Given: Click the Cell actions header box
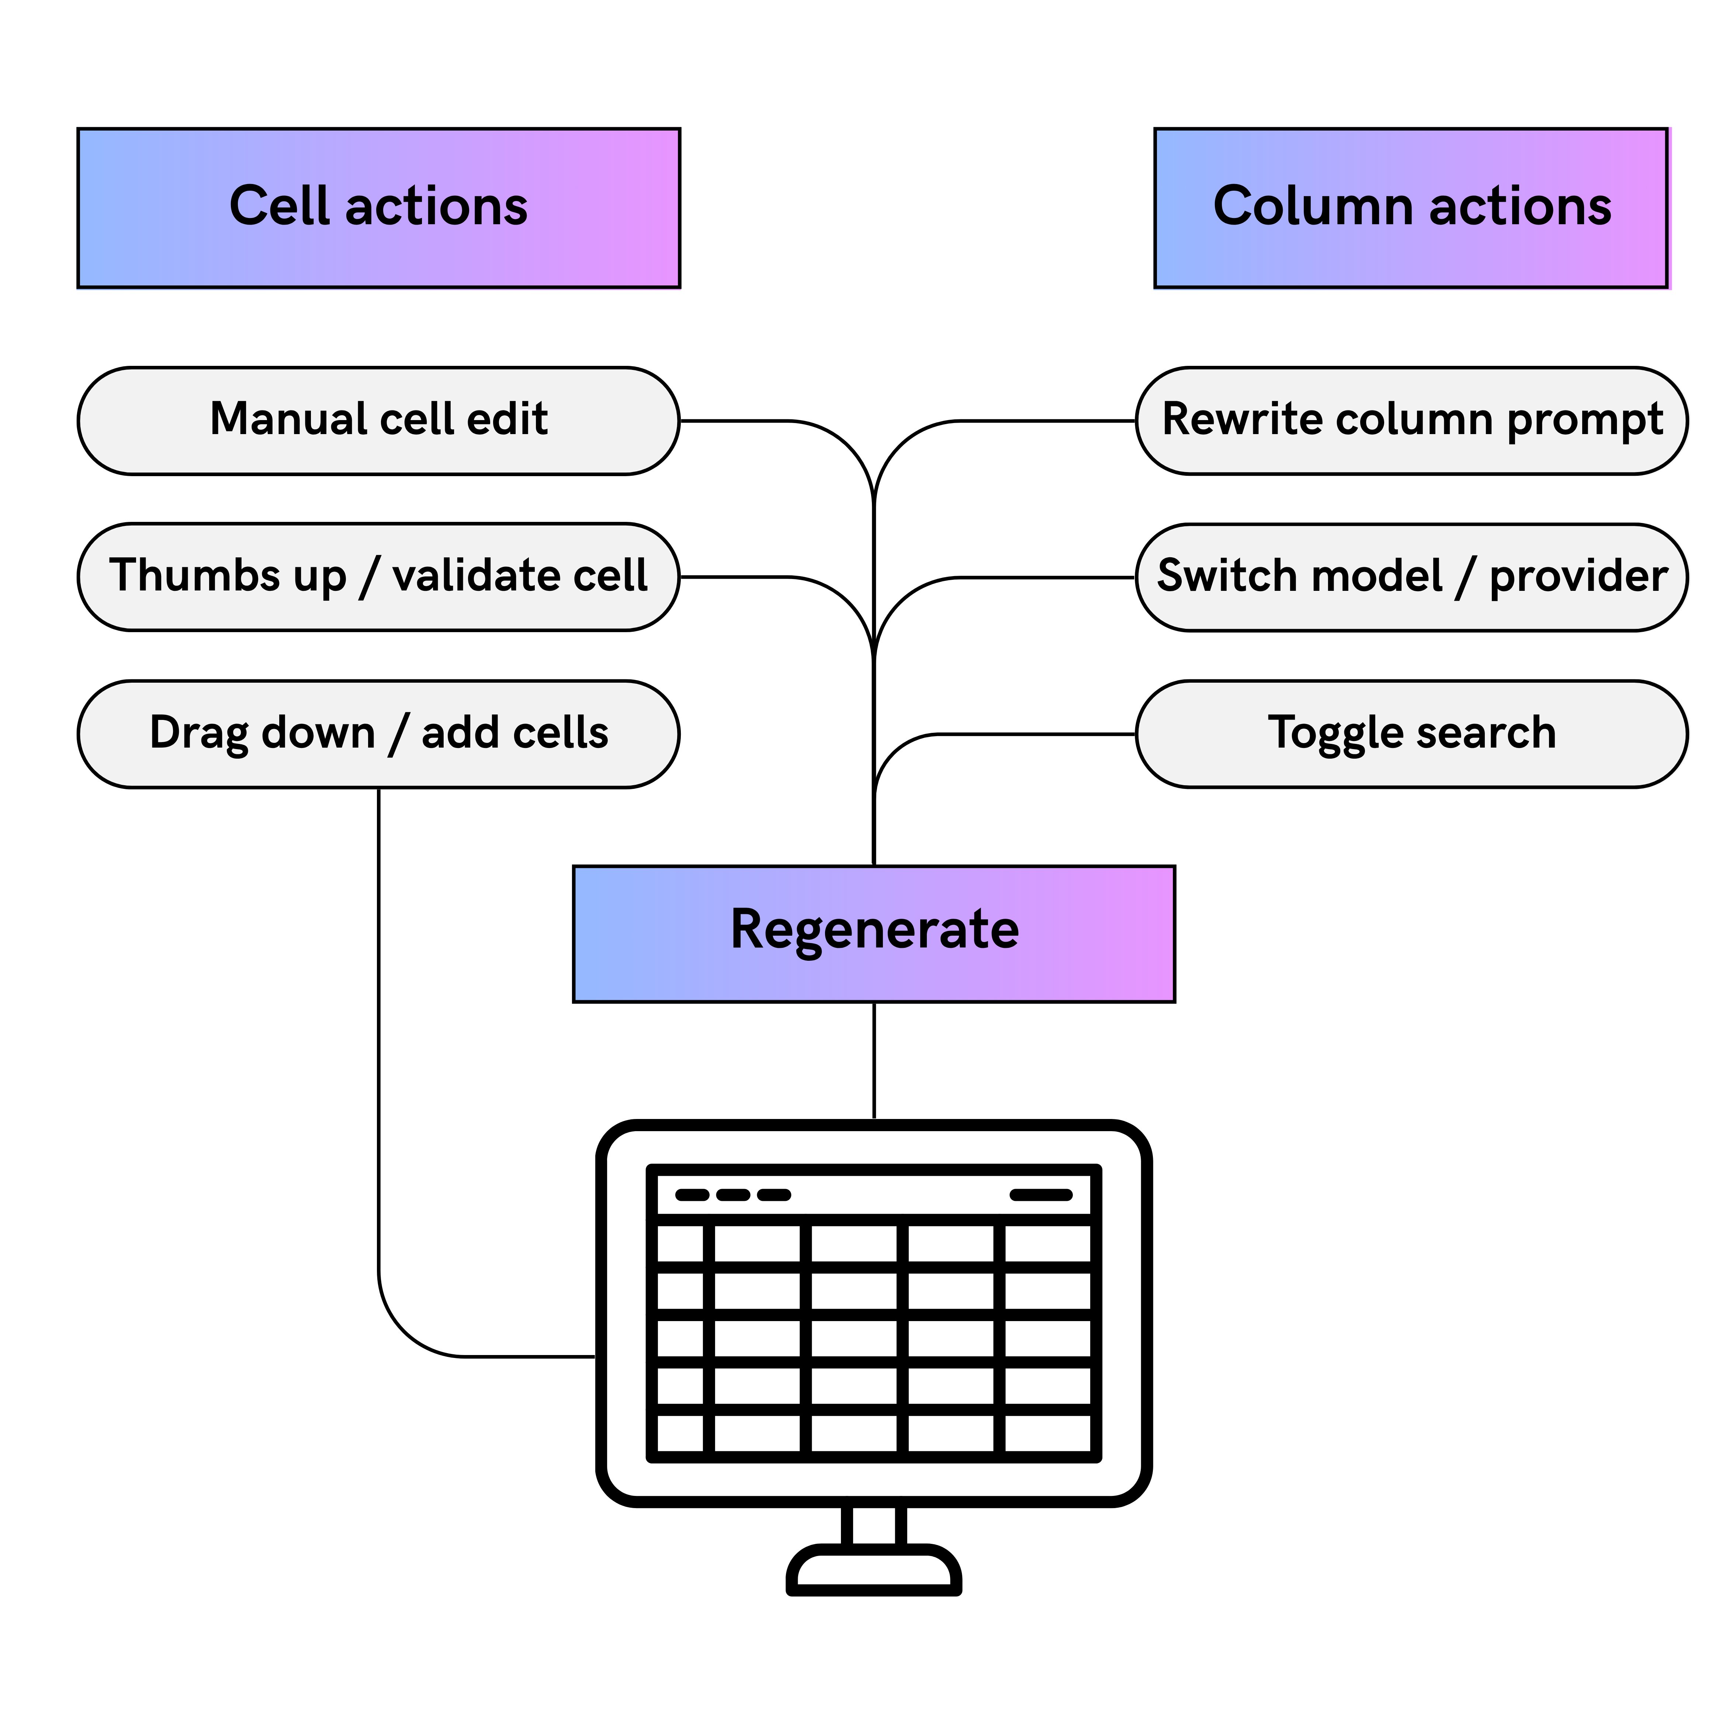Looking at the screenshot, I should point(378,208).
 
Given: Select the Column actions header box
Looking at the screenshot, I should point(1411,208).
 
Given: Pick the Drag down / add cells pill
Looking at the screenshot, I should point(378,734).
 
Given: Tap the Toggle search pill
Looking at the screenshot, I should point(1411,734).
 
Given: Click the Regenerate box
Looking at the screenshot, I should point(873,933).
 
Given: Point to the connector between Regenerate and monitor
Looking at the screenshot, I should point(873,1060).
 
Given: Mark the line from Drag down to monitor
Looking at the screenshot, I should point(378,1074).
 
